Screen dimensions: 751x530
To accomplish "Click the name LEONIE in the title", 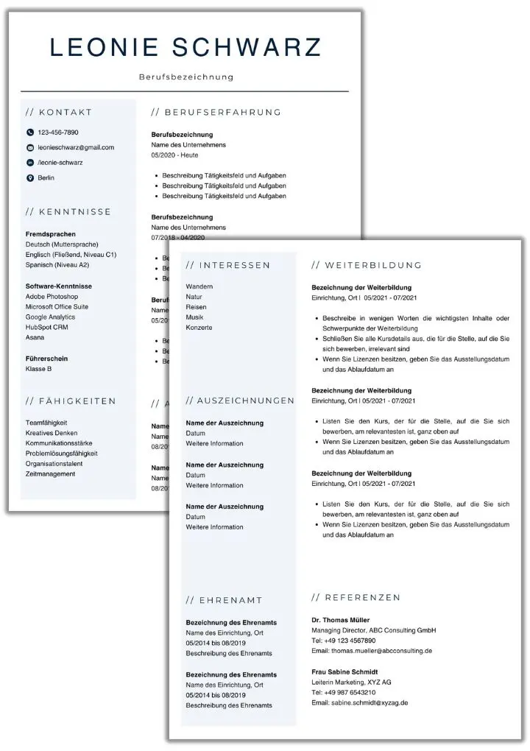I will tap(102, 47).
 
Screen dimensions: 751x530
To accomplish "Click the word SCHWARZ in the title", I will tap(247, 47).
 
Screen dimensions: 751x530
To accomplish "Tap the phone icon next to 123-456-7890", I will tap(30, 133).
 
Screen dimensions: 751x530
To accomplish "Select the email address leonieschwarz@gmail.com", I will tap(76, 147).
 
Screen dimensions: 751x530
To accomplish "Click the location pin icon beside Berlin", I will tap(30, 178).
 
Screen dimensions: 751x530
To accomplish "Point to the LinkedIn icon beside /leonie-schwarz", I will tap(30, 163).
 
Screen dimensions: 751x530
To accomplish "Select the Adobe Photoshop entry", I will tap(52, 297).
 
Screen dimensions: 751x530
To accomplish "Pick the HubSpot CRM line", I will tap(46, 327).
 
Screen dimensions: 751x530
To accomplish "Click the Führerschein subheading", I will tap(46, 358).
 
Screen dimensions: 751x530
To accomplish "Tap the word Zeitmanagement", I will tap(50, 474).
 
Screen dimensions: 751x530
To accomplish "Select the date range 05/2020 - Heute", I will tap(174, 155).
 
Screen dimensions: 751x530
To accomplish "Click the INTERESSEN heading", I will tap(228, 265).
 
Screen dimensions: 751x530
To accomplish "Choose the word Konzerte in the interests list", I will tap(199, 328).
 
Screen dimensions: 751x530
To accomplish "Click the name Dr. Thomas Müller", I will tap(341, 620).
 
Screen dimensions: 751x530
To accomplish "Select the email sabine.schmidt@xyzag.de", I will tap(359, 703).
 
